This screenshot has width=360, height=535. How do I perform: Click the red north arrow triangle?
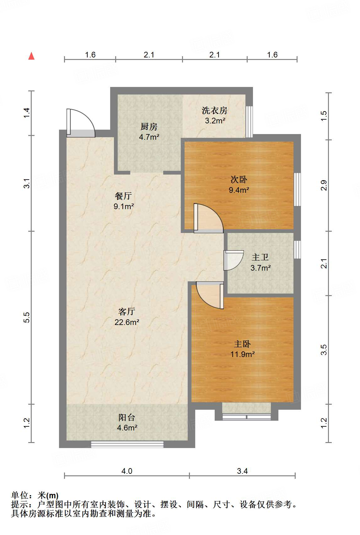pyautogui.click(x=31, y=56)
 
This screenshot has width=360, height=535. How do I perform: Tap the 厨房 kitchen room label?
pyautogui.click(x=149, y=127)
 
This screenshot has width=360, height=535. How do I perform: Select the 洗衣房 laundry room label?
pyautogui.click(x=214, y=111)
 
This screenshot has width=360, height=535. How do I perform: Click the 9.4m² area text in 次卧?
pyautogui.click(x=239, y=190)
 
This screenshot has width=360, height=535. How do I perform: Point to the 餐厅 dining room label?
pyautogui.click(x=123, y=196)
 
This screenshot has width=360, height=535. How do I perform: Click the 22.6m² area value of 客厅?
pyautogui.click(x=127, y=322)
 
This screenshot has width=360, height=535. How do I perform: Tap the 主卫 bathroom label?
pyautogui.click(x=260, y=257)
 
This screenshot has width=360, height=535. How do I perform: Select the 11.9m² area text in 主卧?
pyautogui.click(x=242, y=354)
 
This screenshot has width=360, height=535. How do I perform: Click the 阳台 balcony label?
pyautogui.click(x=127, y=418)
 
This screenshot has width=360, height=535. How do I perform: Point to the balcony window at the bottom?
pyautogui.click(x=127, y=444)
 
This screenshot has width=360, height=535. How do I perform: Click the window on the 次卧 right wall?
pyautogui.click(x=297, y=189)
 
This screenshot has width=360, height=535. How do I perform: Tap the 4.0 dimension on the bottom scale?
pyautogui.click(x=127, y=471)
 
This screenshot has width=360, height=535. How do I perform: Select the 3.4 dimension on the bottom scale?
pyautogui.click(x=242, y=471)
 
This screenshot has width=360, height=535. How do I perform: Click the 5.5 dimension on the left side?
pyautogui.click(x=27, y=317)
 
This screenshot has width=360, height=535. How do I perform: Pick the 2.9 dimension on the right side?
pyautogui.click(x=324, y=185)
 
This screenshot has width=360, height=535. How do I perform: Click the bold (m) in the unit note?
pyautogui.click(x=53, y=495)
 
